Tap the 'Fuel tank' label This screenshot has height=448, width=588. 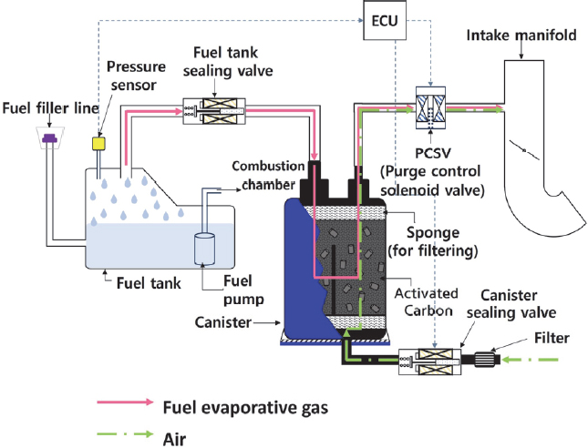pyautogui.click(x=149, y=282)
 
